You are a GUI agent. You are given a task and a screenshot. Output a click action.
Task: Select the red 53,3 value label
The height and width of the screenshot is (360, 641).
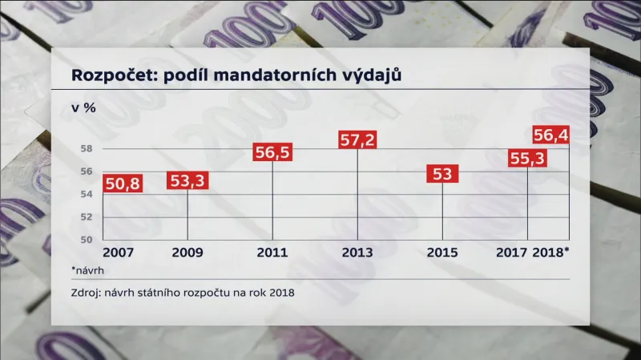coord(187,180)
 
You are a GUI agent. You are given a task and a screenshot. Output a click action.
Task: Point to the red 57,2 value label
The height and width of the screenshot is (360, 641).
coord(357,140)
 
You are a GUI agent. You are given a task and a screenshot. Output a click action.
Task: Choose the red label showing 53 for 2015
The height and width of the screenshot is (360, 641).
coord(442,174)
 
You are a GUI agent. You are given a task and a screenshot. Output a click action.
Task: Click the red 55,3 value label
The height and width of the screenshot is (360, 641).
coord(527,159)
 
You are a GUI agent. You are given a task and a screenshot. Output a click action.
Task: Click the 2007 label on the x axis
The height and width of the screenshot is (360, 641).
coord(118,253)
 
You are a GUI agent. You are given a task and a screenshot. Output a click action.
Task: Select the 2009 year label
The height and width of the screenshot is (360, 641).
coord(187,253)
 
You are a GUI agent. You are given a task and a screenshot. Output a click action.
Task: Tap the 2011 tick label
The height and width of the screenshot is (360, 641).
coord(272,253)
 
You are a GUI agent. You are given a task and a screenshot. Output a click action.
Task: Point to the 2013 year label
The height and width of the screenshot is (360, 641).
coord(357,253)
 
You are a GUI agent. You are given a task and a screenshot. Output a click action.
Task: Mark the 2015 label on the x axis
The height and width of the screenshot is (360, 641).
coord(442,253)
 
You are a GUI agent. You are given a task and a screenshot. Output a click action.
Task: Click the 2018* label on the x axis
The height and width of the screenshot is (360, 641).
coord(550,253)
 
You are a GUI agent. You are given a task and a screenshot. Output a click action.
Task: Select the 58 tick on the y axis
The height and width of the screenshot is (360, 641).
coord(87,149)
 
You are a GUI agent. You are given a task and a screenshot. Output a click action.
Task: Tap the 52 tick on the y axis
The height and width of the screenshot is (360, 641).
coord(87,217)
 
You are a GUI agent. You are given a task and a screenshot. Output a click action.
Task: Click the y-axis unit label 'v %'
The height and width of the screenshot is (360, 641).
coord(83,108)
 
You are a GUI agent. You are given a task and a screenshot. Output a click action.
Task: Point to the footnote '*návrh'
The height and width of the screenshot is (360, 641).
coord(87,271)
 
